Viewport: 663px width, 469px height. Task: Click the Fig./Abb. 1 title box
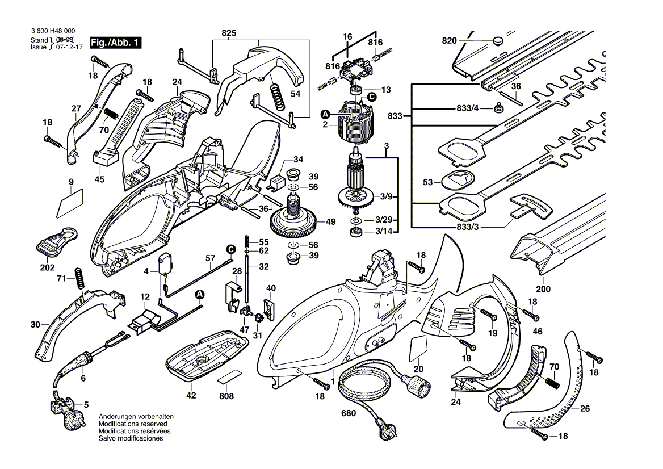(x=115, y=43)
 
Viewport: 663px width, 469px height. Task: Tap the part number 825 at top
(x=229, y=33)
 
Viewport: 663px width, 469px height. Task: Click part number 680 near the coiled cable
(x=349, y=413)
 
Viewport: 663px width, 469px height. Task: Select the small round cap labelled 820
(x=498, y=41)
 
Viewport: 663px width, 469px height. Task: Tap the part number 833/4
(x=468, y=108)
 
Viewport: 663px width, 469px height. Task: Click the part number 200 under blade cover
(x=543, y=290)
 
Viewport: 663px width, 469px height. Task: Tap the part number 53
(x=428, y=182)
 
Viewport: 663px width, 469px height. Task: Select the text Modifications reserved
(x=133, y=424)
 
